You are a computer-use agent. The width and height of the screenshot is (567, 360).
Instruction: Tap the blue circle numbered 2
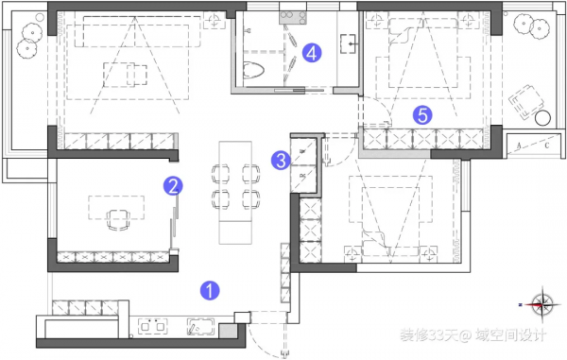click(173, 186)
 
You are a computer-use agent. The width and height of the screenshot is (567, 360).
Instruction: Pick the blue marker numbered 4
click(313, 54)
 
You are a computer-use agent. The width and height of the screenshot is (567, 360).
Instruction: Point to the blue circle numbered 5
click(423, 115)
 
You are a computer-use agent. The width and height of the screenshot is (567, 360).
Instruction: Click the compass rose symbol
click(542, 304)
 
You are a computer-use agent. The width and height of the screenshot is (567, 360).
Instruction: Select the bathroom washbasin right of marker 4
click(347, 43)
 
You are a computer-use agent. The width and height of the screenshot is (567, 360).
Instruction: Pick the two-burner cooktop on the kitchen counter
click(151, 327)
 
